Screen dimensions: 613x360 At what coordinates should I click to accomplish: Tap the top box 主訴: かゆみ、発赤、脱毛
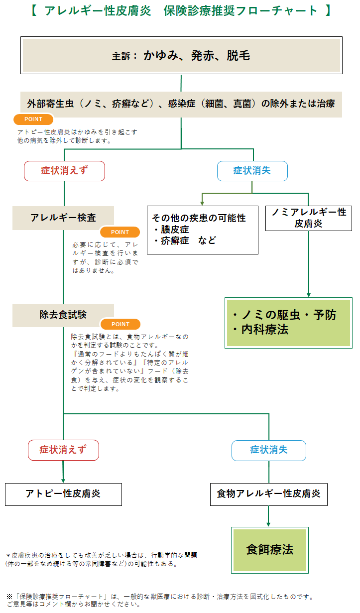pyautogui.click(x=181, y=55)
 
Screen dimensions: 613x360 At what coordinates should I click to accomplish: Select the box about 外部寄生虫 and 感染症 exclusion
pyautogui.click(x=181, y=104)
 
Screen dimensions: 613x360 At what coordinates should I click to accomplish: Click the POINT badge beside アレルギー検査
pyautogui.click(x=120, y=232)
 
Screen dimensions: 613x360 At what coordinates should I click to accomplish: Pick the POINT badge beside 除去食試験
pyautogui.click(x=120, y=324)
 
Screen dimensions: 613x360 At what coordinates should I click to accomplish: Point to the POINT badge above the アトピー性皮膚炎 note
pyautogui.click(x=33, y=120)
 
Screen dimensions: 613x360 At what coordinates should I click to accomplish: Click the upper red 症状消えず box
pyautogui.click(x=64, y=171)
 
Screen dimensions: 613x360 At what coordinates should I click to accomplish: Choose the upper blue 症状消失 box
pyautogui.click(x=252, y=171)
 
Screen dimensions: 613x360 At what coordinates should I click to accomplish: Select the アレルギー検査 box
pyautogui.click(x=63, y=218)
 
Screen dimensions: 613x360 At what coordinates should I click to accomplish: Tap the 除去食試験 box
pyautogui.click(x=63, y=315)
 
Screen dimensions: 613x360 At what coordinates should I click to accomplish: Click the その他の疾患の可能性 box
pyautogui.click(x=202, y=230)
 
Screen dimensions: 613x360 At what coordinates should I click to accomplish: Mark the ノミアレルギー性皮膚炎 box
pyautogui.click(x=308, y=218)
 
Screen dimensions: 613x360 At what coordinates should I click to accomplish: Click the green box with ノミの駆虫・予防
pyautogui.click(x=289, y=322)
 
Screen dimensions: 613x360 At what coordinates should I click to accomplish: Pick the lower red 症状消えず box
pyautogui.click(x=63, y=450)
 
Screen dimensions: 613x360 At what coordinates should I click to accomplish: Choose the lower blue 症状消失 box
pyautogui.click(x=268, y=450)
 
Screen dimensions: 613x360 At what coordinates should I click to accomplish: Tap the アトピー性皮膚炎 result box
pyautogui.click(x=63, y=494)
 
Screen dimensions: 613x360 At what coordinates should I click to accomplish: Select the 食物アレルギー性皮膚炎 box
pyautogui.click(x=268, y=494)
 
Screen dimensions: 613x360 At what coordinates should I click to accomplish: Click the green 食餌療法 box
pyautogui.click(x=269, y=550)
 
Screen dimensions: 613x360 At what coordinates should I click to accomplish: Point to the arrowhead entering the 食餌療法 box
pyautogui.click(x=268, y=523)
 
